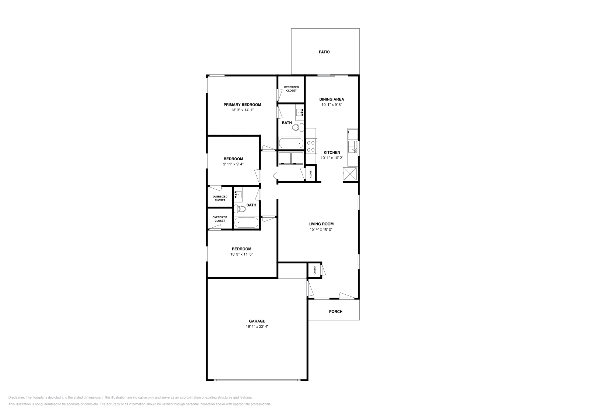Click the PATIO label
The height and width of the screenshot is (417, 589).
[324, 52]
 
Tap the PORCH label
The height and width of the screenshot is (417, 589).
[335, 312]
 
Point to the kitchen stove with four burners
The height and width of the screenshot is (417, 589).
[311, 146]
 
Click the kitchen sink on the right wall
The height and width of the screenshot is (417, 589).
[353, 146]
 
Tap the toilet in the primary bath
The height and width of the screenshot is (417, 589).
[297, 127]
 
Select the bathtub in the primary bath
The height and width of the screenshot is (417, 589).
[291, 143]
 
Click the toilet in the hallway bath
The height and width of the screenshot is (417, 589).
[240, 209]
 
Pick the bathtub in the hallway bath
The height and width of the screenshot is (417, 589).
[246, 223]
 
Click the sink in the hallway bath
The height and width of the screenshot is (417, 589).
[238, 195]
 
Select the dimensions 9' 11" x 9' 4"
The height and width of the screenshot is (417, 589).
[233, 164]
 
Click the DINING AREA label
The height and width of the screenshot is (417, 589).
[331, 99]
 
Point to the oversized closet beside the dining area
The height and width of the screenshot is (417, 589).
[291, 89]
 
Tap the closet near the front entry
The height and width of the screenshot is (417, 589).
[315, 270]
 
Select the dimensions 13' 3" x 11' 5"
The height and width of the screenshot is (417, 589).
[241, 254]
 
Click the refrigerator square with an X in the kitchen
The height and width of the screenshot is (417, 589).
[350, 173]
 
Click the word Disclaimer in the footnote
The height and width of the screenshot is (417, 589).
[16, 397]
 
